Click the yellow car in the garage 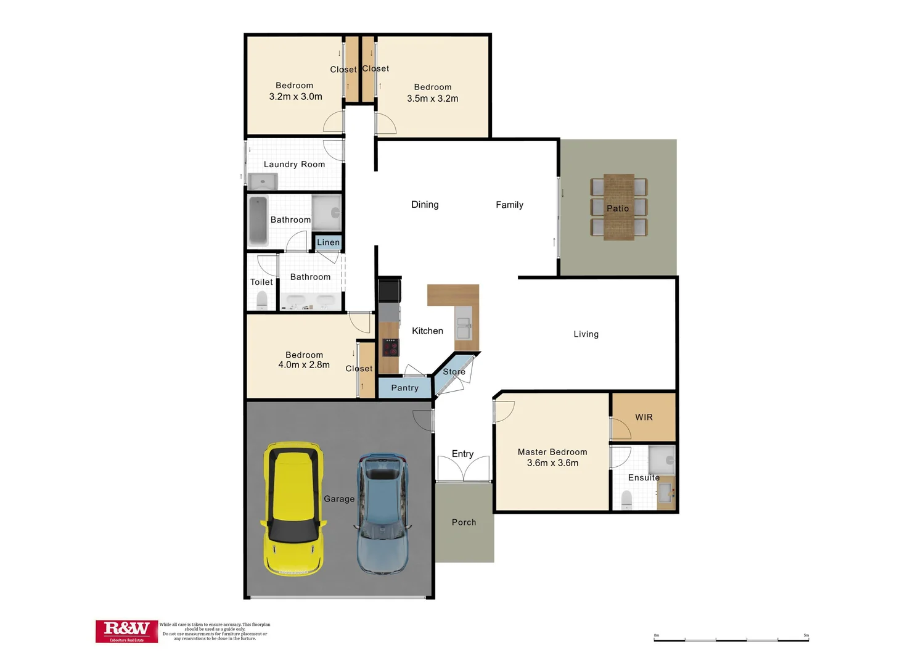(x=293, y=509)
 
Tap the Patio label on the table (x=618, y=208)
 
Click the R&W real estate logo (x=127, y=631)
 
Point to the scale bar (x=731, y=640)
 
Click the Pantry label (x=404, y=388)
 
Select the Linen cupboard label (x=328, y=242)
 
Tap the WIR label (x=644, y=417)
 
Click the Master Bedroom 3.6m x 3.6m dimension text (x=552, y=463)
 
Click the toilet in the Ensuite (x=627, y=499)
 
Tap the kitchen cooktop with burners (x=390, y=348)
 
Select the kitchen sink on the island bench (x=464, y=327)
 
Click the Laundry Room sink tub (x=263, y=181)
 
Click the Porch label (x=464, y=522)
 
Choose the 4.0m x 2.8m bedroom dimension (x=304, y=365)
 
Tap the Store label (x=454, y=372)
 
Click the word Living (x=586, y=334)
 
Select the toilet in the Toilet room (x=262, y=300)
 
